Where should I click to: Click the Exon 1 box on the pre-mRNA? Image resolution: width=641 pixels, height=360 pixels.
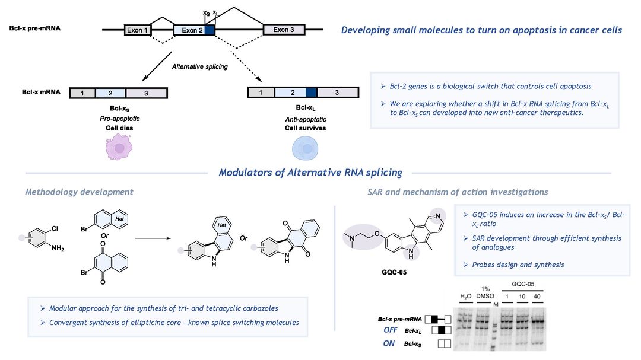pos(138,30)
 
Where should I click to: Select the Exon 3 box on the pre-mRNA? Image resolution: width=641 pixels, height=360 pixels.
pos(284,30)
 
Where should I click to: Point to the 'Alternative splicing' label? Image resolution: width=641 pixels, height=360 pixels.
pos(200,66)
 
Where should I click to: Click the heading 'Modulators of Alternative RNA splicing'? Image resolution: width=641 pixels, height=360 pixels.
pos(310,173)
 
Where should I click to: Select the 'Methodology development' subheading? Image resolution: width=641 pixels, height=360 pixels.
pos(79,192)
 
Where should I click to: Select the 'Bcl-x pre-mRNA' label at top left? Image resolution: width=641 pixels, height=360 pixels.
pos(35,28)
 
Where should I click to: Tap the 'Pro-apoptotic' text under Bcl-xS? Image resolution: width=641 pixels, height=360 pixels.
pos(119,119)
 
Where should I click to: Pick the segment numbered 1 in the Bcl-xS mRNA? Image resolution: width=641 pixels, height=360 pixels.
pos(82,93)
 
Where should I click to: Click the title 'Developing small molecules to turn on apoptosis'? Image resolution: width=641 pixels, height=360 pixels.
pos(481,30)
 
